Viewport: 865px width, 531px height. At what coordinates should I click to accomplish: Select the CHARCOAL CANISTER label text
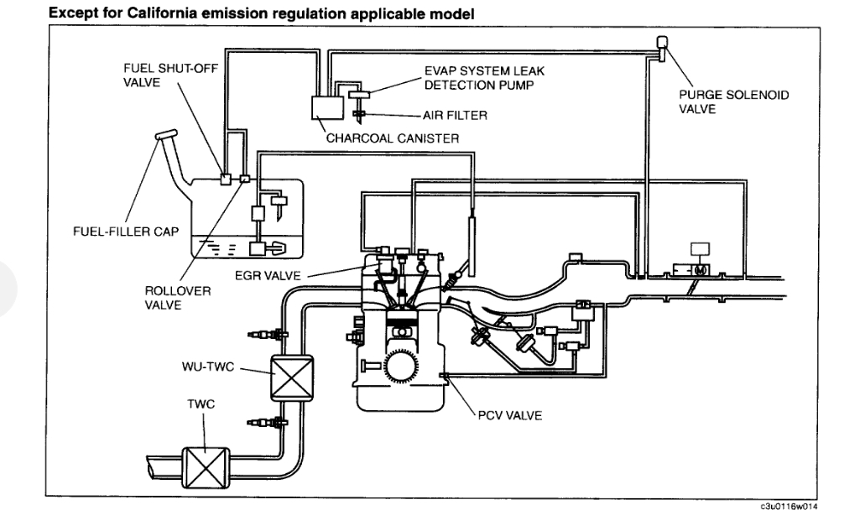pos(392,138)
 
